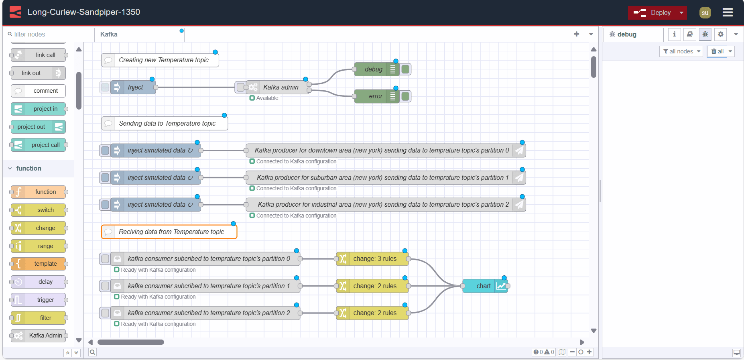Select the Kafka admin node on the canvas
click(x=280, y=87)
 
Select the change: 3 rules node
click(x=374, y=259)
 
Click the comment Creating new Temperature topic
click(x=163, y=60)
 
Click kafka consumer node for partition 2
click(x=208, y=313)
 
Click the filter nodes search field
click(x=48, y=35)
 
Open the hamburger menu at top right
click(x=728, y=12)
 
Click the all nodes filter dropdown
click(x=681, y=51)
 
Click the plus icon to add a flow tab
click(x=576, y=34)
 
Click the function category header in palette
click(x=29, y=169)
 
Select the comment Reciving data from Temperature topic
click(x=171, y=232)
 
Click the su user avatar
click(x=705, y=13)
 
